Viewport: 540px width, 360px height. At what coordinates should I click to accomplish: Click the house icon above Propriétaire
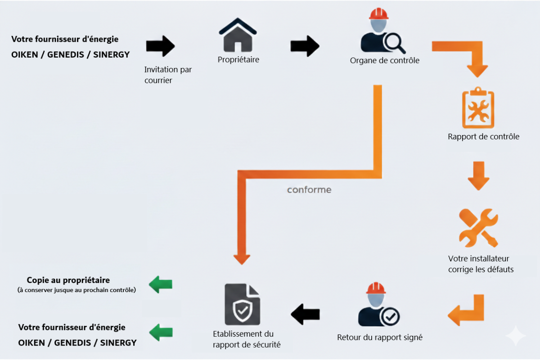pos(238,36)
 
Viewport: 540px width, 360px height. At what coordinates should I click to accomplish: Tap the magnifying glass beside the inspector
pos(394,43)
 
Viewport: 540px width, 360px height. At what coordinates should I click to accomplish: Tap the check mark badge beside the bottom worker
pos(390,316)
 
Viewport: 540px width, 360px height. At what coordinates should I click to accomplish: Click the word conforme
pos(309,190)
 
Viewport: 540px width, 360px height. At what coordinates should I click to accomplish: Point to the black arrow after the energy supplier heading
pos(160,45)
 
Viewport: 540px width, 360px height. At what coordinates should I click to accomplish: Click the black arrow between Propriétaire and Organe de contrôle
pos(305,45)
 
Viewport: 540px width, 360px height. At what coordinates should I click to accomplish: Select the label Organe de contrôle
pos(385,60)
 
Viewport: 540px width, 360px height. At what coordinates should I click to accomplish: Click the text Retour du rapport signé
pos(380,337)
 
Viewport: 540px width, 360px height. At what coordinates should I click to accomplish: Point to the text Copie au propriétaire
pos(68,280)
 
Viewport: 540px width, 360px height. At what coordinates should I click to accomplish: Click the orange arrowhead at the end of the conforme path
pos(242,259)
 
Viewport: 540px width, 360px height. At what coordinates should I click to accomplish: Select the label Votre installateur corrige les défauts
pos(481,264)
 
